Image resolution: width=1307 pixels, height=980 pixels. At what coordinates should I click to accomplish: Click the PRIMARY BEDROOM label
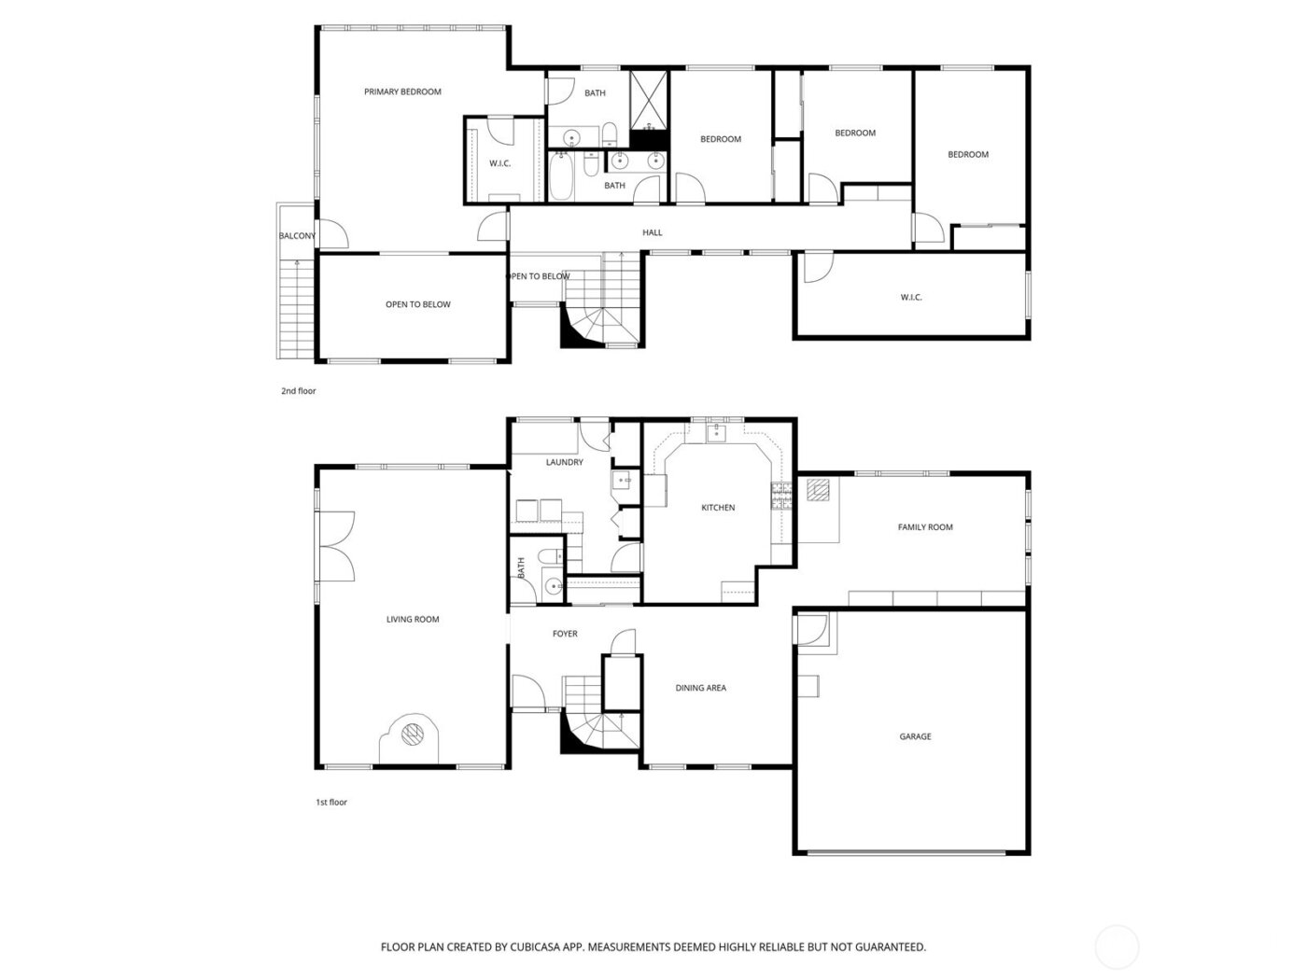pyautogui.click(x=402, y=91)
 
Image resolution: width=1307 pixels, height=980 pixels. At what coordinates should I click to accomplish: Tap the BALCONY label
pyautogui.click(x=297, y=236)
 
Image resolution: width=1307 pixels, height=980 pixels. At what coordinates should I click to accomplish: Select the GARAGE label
pyautogui.click(x=915, y=736)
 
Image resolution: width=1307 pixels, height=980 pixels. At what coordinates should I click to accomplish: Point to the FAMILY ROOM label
pyautogui.click(x=925, y=527)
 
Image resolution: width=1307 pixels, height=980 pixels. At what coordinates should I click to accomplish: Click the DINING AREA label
pyautogui.click(x=700, y=688)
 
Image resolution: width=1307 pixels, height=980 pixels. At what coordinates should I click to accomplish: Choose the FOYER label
pyautogui.click(x=565, y=634)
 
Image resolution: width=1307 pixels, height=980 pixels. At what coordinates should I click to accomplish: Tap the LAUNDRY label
pyautogui.click(x=564, y=462)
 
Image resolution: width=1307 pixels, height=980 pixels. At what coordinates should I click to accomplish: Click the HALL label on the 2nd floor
pyautogui.click(x=652, y=232)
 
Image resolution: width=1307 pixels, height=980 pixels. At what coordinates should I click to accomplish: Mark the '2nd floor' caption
pyautogui.click(x=299, y=391)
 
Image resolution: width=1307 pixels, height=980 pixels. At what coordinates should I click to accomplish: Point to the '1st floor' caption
pyautogui.click(x=331, y=802)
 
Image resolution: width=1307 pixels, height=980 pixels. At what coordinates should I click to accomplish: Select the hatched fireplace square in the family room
pyautogui.click(x=818, y=491)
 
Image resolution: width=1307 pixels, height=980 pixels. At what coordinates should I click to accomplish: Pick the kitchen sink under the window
pyautogui.click(x=717, y=432)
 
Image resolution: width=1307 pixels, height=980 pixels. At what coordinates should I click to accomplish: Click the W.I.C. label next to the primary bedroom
pyautogui.click(x=499, y=163)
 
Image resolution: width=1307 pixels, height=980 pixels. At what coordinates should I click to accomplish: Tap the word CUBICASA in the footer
pyautogui.click(x=534, y=946)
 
